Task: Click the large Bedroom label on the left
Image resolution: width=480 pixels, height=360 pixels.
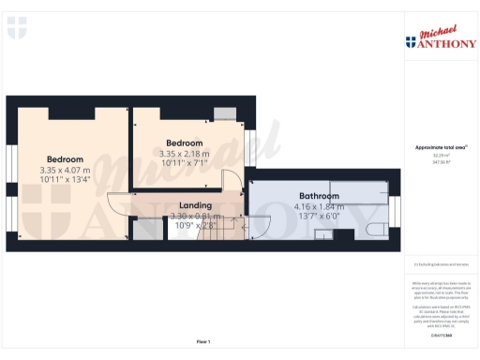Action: (x=65, y=159)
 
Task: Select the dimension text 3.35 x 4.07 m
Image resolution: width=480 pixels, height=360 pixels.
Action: (x=66, y=170)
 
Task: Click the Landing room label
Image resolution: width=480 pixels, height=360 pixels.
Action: (x=195, y=205)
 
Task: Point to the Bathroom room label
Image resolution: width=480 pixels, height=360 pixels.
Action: (x=319, y=196)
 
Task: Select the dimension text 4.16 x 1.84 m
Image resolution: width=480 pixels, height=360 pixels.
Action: (x=320, y=206)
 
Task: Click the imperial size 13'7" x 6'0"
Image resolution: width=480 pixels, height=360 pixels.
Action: (x=320, y=217)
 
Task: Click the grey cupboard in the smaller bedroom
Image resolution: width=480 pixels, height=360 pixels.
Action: (x=224, y=113)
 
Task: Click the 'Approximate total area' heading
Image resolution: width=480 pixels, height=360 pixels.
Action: (x=440, y=148)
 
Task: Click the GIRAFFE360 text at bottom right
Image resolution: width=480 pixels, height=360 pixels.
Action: (x=440, y=335)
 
